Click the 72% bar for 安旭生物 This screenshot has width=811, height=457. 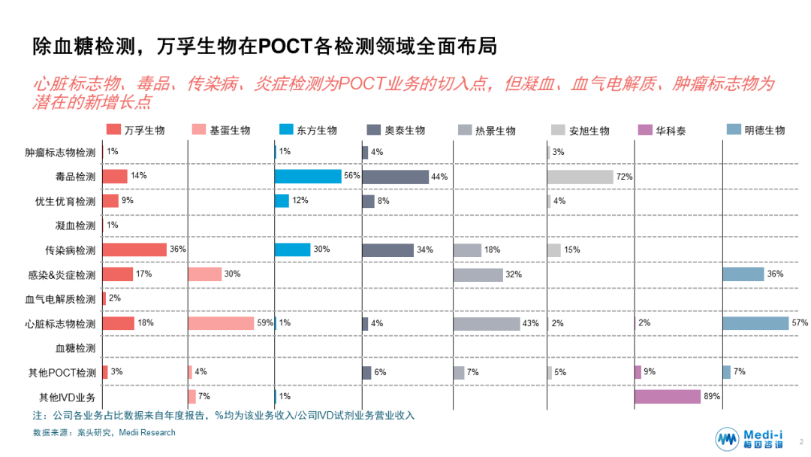580,177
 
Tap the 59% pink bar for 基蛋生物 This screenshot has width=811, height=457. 221,323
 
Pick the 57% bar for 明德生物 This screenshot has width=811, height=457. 755,323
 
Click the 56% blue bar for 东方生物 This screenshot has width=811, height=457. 307,177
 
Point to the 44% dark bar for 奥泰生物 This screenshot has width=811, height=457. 395,177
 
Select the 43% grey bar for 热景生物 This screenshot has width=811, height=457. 486,323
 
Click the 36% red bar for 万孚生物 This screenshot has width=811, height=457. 134,250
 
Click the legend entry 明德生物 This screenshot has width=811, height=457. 764,130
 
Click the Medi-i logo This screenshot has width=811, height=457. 748,439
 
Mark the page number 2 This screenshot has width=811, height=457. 801,443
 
